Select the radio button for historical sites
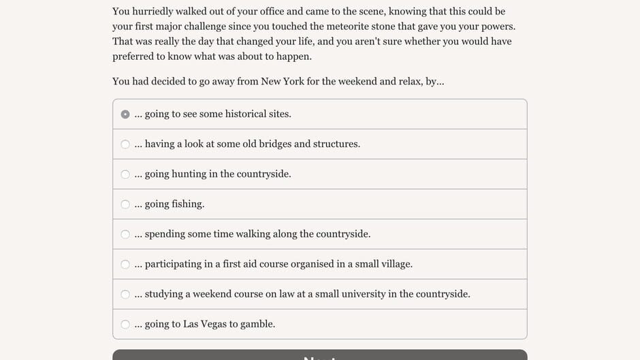tap(125, 114)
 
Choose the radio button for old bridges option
tap(125, 144)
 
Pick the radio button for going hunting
tap(125, 174)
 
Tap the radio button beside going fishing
tap(125, 204)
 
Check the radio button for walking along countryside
tap(125, 234)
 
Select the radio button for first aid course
tap(125, 264)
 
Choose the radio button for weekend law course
tap(125, 294)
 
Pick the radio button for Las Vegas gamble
tap(125, 324)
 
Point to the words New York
tap(283, 82)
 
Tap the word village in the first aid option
tap(394, 264)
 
